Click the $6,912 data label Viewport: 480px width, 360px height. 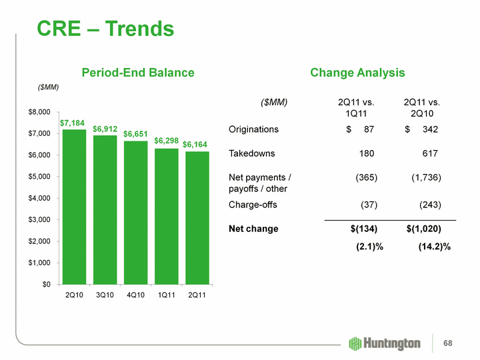[105, 128]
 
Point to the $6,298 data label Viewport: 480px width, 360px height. [167, 141]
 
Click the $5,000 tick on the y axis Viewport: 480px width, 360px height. [39, 177]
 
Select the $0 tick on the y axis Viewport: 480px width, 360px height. [45, 285]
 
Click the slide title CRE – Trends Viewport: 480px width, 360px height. [105, 29]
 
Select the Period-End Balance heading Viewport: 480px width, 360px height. [138, 73]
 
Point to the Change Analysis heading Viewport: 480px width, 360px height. [357, 73]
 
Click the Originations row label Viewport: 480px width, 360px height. [254, 129]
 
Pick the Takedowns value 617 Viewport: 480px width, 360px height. [430, 154]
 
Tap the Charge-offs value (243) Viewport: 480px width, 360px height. [430, 205]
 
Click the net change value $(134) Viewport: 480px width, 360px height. [364, 229]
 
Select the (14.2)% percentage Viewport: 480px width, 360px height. [434, 247]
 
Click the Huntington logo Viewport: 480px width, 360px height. [385, 343]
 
